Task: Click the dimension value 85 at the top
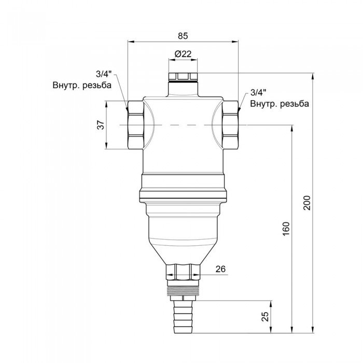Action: coord(182,36)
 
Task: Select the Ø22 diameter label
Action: coord(183,54)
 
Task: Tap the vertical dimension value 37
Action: coord(101,125)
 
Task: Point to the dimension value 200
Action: coord(306,202)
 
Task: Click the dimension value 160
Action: coord(286,228)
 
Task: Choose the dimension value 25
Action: coord(266,316)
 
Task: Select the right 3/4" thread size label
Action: coord(258,93)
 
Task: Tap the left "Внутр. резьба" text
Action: coord(82,86)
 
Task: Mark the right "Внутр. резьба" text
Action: coord(280,103)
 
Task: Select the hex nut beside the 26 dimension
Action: coord(183,271)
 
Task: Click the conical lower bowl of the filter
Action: coord(183,233)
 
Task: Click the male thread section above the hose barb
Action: coord(183,288)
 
